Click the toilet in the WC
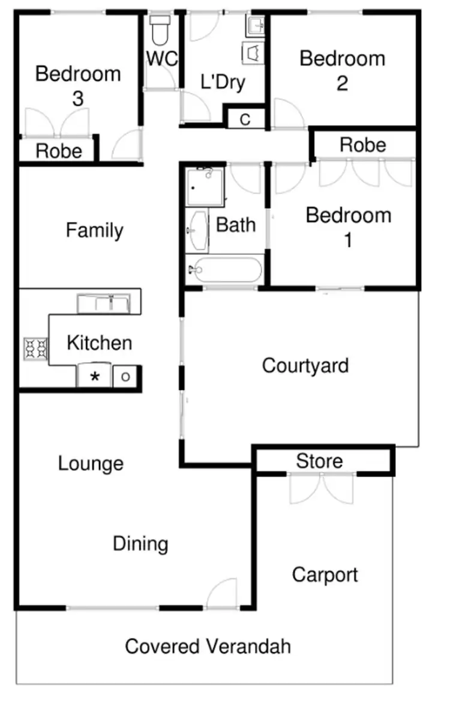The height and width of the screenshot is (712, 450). [x=160, y=31]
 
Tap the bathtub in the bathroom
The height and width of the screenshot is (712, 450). [x=224, y=270]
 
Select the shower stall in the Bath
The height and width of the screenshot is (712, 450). [x=204, y=186]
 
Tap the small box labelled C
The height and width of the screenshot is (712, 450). [x=245, y=119]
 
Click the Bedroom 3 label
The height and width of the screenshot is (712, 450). [x=78, y=86]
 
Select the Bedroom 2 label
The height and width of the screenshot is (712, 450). [x=342, y=70]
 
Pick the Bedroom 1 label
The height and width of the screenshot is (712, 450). [x=348, y=227]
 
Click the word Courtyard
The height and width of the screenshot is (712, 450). [x=305, y=365]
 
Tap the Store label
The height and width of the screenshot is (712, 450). [x=320, y=461]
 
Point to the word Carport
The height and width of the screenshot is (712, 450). [x=325, y=575]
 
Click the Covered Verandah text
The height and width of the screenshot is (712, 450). [x=208, y=647]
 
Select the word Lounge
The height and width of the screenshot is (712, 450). [x=91, y=463]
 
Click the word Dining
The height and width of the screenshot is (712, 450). [x=140, y=544]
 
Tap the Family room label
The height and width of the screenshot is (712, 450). [x=95, y=230]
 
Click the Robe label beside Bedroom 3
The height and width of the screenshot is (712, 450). [x=59, y=151]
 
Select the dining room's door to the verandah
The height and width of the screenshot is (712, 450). [x=222, y=595]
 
